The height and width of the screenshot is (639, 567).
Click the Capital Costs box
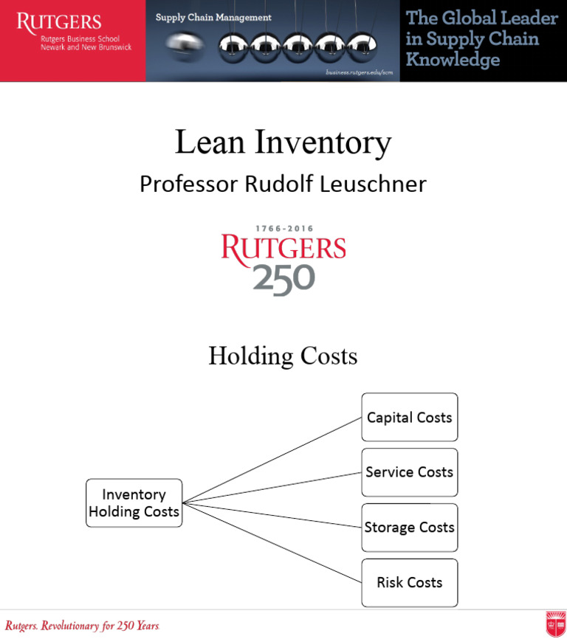(409, 418)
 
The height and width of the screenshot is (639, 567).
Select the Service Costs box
(409, 472)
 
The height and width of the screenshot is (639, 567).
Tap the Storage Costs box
(409, 528)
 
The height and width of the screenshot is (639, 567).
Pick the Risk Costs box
(409, 583)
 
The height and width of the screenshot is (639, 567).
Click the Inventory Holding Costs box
(134, 502)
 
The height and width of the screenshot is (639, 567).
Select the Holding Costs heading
(283, 356)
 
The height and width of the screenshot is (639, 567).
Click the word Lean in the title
(209, 142)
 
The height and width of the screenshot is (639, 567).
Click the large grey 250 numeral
(283, 279)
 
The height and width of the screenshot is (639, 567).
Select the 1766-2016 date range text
(283, 229)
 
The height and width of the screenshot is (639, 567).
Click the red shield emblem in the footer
(555, 624)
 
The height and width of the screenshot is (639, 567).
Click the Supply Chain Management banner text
(213, 18)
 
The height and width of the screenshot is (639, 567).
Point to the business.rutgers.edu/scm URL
(359, 72)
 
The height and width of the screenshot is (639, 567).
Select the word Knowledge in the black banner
(452, 60)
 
